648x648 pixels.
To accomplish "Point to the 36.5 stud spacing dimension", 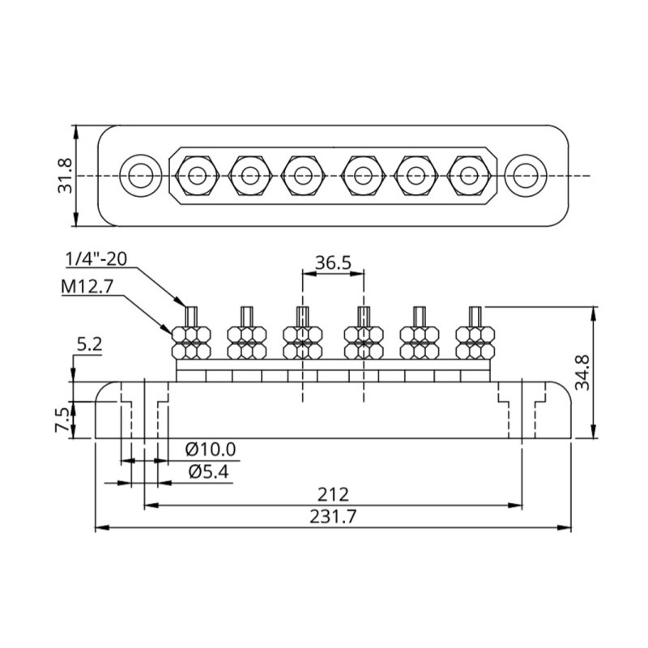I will coord(333,262).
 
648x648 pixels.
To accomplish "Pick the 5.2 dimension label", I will coord(89,345).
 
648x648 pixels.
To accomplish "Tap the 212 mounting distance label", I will coord(333,494).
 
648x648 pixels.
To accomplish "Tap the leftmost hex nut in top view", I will coord(194,175).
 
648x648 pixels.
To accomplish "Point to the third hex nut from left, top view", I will coord(302,175).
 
